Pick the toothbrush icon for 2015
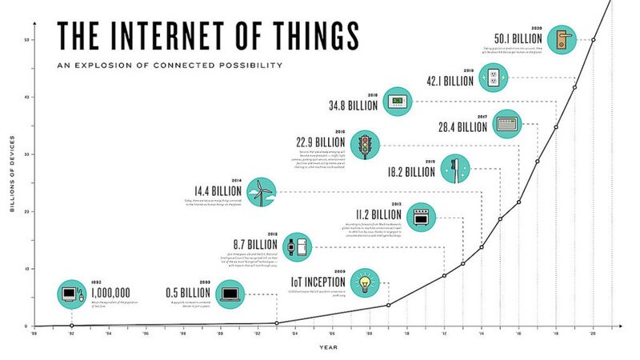[456, 170]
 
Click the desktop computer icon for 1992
[71, 294]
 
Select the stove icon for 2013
[421, 216]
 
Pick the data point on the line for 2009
[388, 305]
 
